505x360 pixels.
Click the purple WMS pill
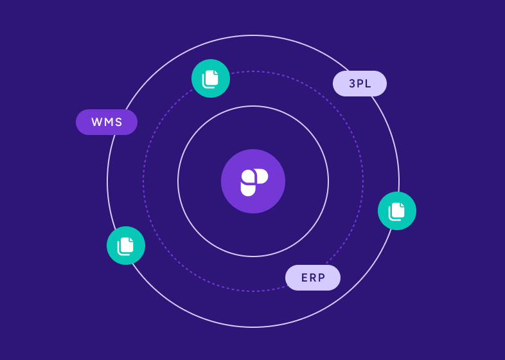107,122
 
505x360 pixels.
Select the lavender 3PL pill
360,84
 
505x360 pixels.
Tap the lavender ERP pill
313,278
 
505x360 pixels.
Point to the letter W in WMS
96,122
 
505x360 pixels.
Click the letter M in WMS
107,122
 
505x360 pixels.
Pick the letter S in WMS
118,122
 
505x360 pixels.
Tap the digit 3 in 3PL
352,84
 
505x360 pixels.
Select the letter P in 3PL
360,84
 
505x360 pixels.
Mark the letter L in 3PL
368,84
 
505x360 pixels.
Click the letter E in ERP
305,278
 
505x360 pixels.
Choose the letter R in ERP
313,278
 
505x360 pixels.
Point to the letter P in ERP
321,278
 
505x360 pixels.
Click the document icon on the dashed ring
211,78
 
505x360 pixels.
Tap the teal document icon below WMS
126,246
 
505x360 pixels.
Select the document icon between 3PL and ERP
397,211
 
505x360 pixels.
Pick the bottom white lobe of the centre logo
248,189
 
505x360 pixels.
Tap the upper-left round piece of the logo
247,175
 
